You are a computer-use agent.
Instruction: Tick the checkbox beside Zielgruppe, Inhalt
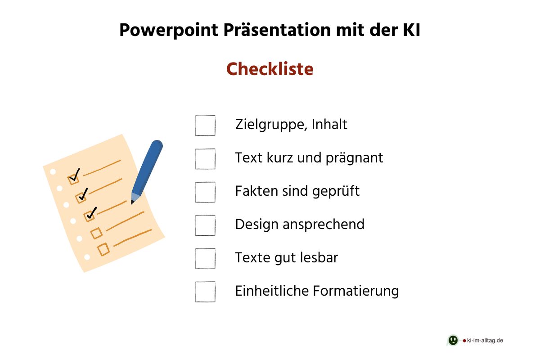click(205, 126)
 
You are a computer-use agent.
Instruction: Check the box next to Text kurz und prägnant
click(205, 159)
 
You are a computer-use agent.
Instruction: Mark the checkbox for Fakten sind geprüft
click(205, 192)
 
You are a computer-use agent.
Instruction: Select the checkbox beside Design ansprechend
click(205, 225)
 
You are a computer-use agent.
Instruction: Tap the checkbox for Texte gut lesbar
click(205, 258)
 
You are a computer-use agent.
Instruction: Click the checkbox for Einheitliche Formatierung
click(205, 292)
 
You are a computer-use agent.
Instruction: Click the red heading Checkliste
click(270, 69)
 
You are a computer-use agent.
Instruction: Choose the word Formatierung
click(362, 291)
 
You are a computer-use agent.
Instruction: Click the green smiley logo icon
click(453, 340)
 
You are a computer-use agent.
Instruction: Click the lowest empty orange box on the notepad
click(103, 249)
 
